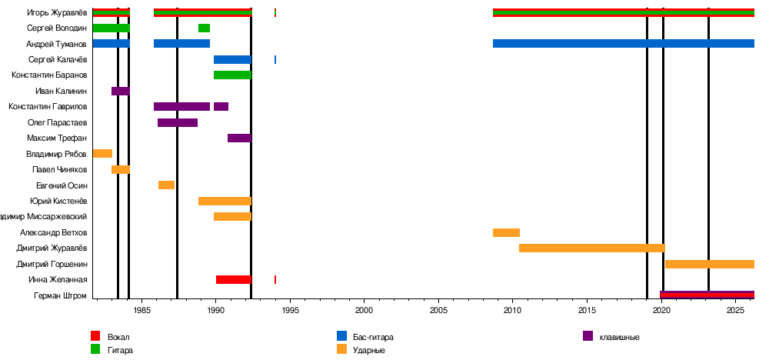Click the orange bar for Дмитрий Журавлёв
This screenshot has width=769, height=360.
pyautogui.click(x=591, y=248)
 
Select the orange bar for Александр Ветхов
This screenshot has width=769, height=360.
pyautogui.click(x=506, y=232)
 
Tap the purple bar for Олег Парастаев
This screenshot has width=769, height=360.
pyautogui.click(x=178, y=122)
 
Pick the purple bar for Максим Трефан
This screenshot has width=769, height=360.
pyautogui.click(x=239, y=138)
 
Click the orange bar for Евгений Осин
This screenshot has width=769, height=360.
pyautogui.click(x=166, y=185)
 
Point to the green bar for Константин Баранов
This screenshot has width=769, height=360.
pyautogui.click(x=232, y=75)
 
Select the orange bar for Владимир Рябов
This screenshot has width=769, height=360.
pyautogui.click(x=102, y=154)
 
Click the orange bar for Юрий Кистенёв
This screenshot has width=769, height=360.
pyautogui.click(x=225, y=202)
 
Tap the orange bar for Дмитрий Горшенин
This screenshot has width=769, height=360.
pyautogui.click(x=709, y=265)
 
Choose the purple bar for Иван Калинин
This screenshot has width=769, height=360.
pyautogui.click(x=121, y=92)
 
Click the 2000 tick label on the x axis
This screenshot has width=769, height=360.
pyautogui.click(x=365, y=311)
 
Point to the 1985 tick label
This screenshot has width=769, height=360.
pyautogui.click(x=141, y=311)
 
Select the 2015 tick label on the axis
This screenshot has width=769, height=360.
pyautogui.click(x=588, y=311)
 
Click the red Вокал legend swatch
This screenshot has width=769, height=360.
pyautogui.click(x=95, y=336)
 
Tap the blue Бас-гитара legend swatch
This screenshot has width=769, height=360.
pyautogui.click(x=341, y=336)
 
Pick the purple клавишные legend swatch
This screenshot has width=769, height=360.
pyautogui.click(x=588, y=336)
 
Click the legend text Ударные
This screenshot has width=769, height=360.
pyautogui.click(x=369, y=351)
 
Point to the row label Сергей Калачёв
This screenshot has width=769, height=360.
pyautogui.click(x=58, y=60)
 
